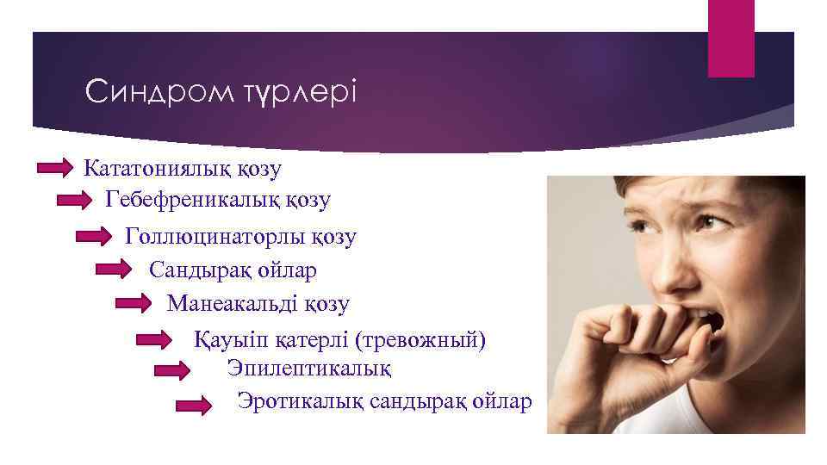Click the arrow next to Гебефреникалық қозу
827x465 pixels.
click(x=97, y=201)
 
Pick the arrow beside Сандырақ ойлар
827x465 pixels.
click(x=114, y=270)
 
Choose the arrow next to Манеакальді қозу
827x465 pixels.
click(x=134, y=303)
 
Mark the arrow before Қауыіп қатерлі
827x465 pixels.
click(x=155, y=340)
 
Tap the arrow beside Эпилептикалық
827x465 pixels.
click(x=172, y=370)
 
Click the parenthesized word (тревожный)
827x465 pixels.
click(x=420, y=340)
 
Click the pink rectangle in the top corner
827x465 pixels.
click(x=731, y=38)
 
